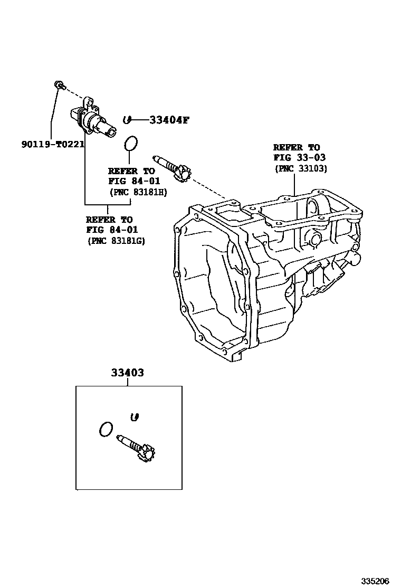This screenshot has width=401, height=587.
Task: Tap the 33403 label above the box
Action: [127, 373]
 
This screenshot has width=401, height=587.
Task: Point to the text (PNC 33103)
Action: [300, 168]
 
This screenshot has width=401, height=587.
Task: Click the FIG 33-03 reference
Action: [299, 158]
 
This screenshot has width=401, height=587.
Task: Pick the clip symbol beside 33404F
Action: [127, 120]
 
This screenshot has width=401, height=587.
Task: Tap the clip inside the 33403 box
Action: [135, 418]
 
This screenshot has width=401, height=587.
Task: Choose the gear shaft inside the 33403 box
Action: [137, 447]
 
